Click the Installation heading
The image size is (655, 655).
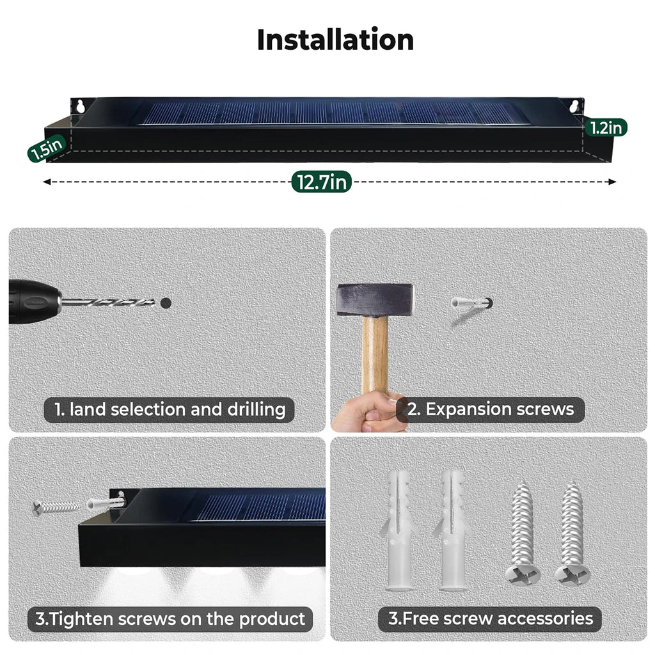click(335, 40)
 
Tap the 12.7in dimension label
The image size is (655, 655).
click(322, 182)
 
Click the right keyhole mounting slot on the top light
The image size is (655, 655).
click(574, 106)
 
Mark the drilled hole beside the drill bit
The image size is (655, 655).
click(166, 304)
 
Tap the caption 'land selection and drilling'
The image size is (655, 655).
click(169, 409)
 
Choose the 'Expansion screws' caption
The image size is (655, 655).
click(490, 409)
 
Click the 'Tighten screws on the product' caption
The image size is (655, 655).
click(170, 619)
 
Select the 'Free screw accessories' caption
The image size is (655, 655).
click(490, 619)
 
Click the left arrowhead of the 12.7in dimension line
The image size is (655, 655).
click(47, 182)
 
